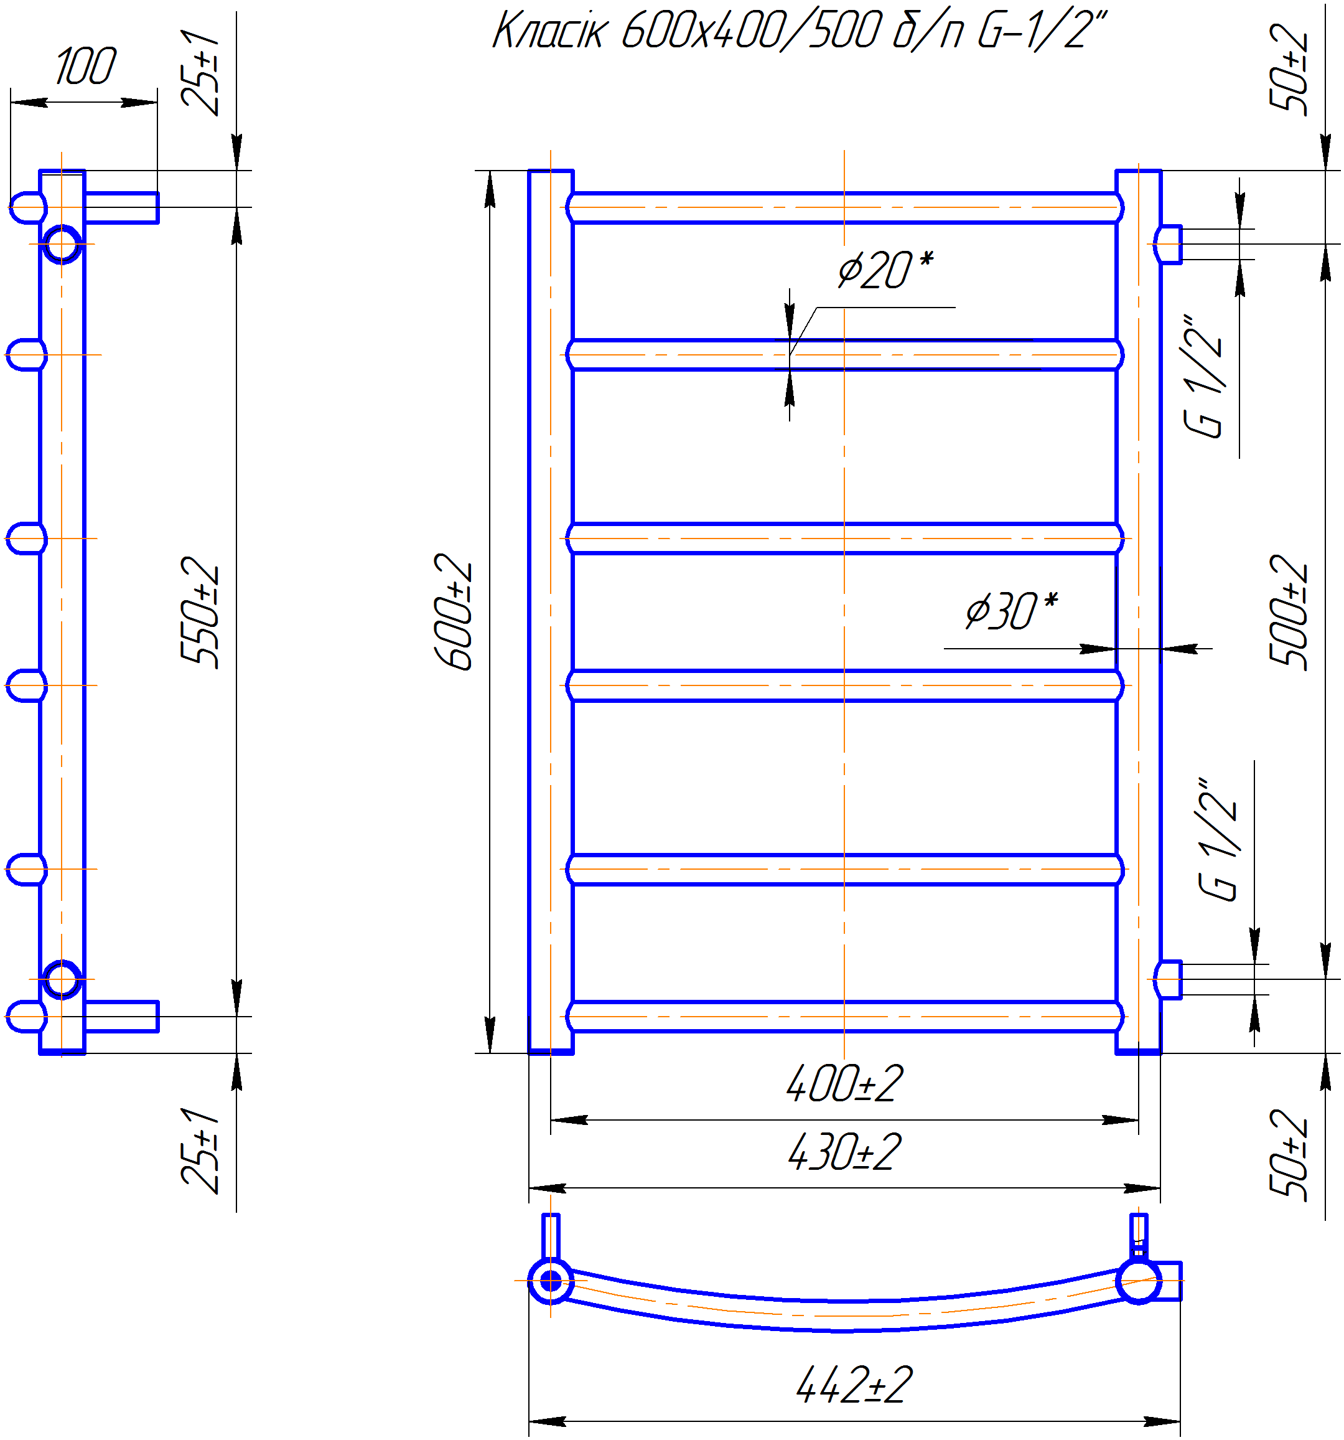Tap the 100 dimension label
pos(85,66)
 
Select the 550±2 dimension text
pos(200,612)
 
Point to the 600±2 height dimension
pos(454,611)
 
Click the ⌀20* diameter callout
pos(885,270)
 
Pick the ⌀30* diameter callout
pos(1011,610)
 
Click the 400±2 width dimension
pos(844,1084)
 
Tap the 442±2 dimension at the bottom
pos(854,1385)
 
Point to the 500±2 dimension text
pos(1289,612)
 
